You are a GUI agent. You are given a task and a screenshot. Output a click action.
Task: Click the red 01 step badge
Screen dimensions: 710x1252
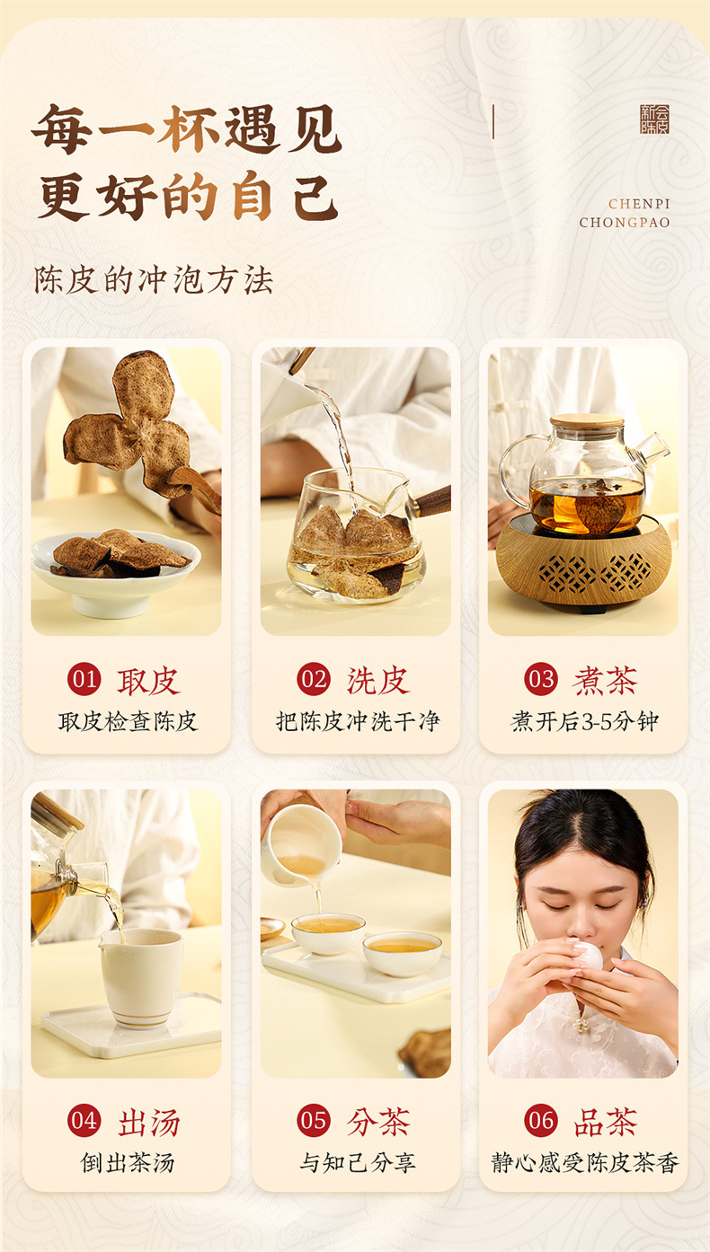coord(84,679)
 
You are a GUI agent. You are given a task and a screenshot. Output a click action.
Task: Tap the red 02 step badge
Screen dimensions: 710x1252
coord(314,679)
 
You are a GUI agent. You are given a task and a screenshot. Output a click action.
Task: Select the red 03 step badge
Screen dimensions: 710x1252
coord(541,679)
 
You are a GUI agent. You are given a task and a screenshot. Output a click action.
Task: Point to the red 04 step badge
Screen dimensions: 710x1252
coord(84,1121)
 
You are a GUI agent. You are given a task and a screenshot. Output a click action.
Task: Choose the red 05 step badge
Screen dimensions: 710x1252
coord(314,1121)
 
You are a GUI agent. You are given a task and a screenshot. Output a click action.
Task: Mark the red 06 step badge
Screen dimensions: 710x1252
coord(541,1121)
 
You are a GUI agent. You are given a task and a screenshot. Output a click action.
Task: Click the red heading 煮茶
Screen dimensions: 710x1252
coord(605,680)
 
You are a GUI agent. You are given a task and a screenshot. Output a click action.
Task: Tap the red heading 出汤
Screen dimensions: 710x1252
coord(149,1123)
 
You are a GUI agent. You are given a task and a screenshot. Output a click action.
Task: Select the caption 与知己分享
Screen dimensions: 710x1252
coord(357,1163)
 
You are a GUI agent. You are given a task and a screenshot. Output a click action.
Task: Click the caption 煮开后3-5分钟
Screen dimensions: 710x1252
coord(584,721)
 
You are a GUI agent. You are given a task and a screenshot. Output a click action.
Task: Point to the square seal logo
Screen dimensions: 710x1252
coord(654,119)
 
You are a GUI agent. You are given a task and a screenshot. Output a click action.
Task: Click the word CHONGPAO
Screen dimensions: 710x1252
coord(625,223)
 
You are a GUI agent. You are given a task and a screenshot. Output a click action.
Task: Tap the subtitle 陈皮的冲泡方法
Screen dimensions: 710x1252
coord(154,280)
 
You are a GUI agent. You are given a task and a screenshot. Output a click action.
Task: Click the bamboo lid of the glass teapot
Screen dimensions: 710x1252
coord(587,421)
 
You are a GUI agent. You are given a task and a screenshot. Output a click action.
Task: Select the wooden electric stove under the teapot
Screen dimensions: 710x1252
coord(583,563)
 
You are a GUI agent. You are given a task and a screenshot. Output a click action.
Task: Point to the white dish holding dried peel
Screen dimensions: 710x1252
coord(116,577)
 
